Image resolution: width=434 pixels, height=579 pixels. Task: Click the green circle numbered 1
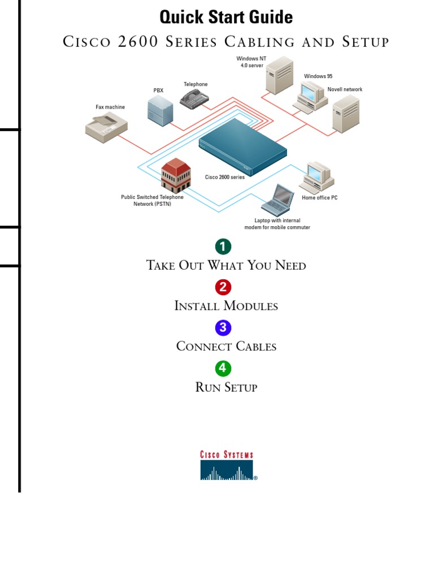223,247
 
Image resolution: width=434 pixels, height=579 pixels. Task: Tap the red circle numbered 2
223,287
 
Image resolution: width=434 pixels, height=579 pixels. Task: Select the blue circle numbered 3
223,327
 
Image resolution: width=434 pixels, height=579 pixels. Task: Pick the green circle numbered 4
223,368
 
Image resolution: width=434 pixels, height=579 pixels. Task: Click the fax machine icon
106,126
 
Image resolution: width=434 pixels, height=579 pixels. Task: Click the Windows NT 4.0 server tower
279,75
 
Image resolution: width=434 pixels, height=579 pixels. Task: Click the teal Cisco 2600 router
243,150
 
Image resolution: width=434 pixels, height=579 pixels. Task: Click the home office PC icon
316,177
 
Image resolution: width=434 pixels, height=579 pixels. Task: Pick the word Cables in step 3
252,346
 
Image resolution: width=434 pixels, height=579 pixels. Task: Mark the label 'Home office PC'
319,198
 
